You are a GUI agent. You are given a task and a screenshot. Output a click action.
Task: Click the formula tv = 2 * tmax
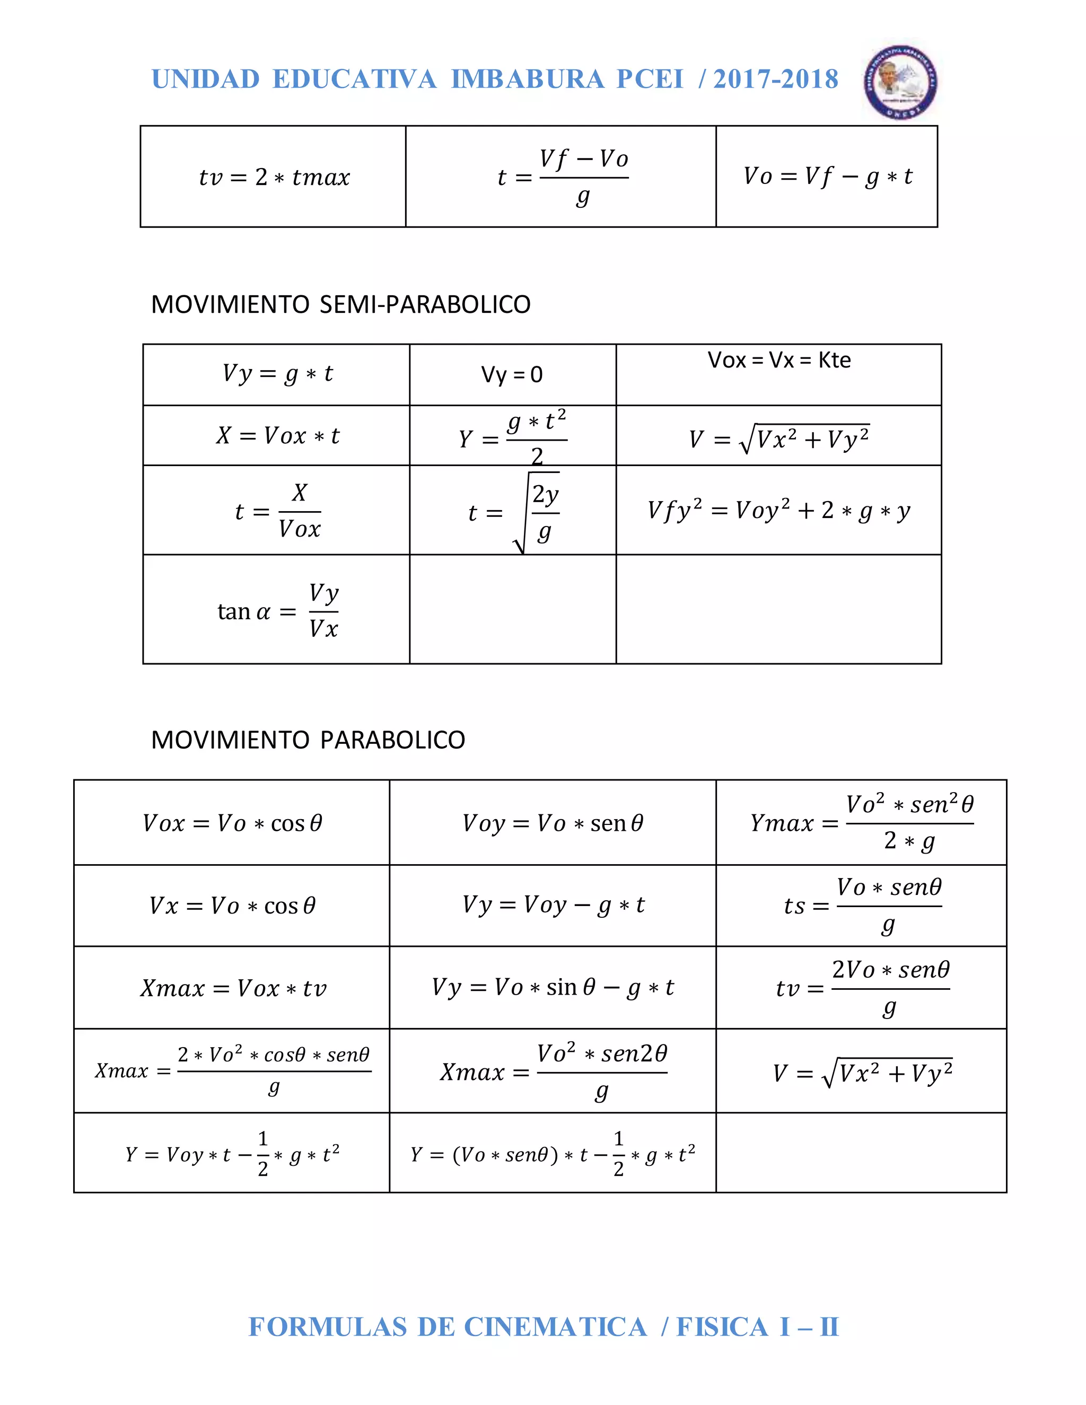pyautogui.click(x=274, y=177)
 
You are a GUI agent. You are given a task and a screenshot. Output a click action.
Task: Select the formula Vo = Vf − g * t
pyautogui.click(x=827, y=176)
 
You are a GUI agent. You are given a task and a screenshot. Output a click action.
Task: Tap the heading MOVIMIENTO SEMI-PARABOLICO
pyautogui.click(x=340, y=304)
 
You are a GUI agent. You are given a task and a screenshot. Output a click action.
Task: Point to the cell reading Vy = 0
pyautogui.click(x=512, y=374)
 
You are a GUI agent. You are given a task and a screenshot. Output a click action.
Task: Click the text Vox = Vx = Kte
pyautogui.click(x=778, y=360)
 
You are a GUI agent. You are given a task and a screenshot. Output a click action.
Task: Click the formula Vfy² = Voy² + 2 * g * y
pyautogui.click(x=778, y=511)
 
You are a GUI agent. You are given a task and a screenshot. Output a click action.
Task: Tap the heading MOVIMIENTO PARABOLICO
pyautogui.click(x=308, y=740)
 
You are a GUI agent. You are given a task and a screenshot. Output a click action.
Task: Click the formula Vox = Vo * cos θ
pyautogui.click(x=232, y=823)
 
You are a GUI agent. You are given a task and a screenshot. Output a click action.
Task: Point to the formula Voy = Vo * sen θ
pyautogui.click(x=553, y=823)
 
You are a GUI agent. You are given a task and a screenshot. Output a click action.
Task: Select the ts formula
pyautogui.click(x=862, y=906)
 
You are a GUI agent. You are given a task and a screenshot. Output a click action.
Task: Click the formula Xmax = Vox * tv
pyautogui.click(x=233, y=988)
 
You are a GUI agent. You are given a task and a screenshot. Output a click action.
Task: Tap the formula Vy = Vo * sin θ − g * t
pyautogui.click(x=553, y=988)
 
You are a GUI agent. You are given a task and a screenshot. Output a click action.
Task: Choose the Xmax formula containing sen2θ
pyautogui.click(x=553, y=1072)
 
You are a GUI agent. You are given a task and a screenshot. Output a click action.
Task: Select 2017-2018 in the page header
pyautogui.click(x=775, y=79)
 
